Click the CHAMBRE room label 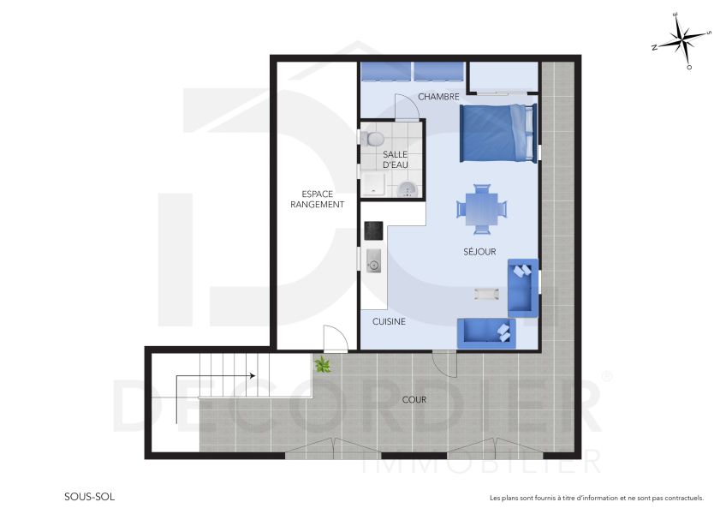(439, 97)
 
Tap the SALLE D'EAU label (394, 158)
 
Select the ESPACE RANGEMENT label (317, 199)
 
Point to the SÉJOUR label (480, 251)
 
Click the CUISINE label (389, 322)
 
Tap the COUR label (414, 399)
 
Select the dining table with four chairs (481, 208)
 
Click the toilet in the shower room (373, 138)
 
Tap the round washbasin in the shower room (408, 188)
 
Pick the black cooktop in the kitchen (373, 230)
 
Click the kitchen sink (373, 261)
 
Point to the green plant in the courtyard (323, 365)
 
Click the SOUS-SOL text (89, 496)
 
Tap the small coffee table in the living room (486, 294)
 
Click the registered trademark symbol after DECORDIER (608, 375)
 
